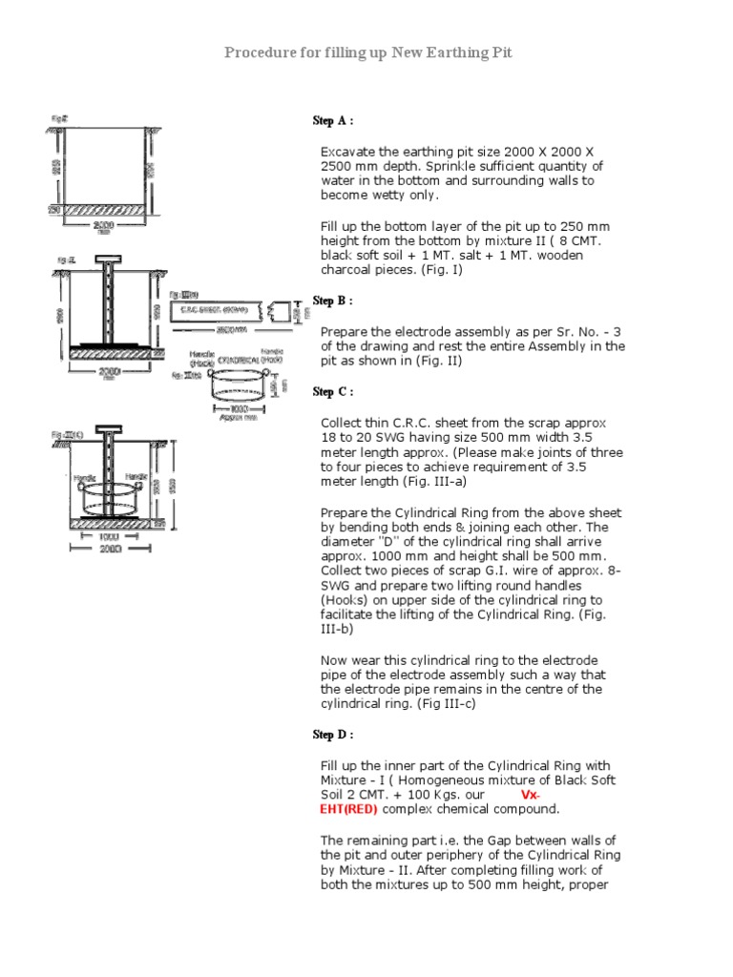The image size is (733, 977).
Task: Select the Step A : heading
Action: point(333,121)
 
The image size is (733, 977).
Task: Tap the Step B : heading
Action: point(333,301)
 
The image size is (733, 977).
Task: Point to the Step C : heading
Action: point(333,392)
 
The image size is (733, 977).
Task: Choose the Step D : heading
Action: point(333,735)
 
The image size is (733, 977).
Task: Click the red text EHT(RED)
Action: point(348,809)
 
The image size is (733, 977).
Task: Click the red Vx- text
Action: point(532,795)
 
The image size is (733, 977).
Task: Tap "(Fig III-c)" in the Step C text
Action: point(435,704)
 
